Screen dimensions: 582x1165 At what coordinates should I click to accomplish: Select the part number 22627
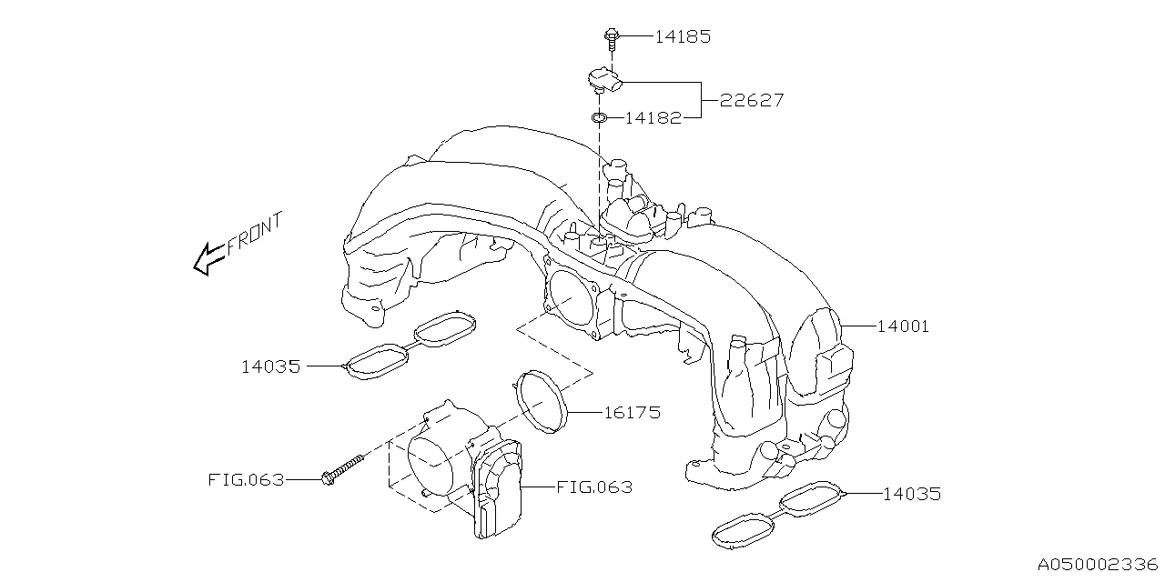752,100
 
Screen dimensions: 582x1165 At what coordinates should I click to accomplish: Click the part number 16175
632,412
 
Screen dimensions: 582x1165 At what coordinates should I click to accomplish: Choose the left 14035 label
270,366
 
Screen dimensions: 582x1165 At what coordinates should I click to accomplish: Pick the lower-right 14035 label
911,494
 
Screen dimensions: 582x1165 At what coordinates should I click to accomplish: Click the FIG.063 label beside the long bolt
245,479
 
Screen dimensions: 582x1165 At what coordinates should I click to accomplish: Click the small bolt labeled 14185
612,37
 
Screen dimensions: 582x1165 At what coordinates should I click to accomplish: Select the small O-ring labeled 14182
598,117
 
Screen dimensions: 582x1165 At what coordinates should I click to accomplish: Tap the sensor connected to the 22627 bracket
605,81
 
